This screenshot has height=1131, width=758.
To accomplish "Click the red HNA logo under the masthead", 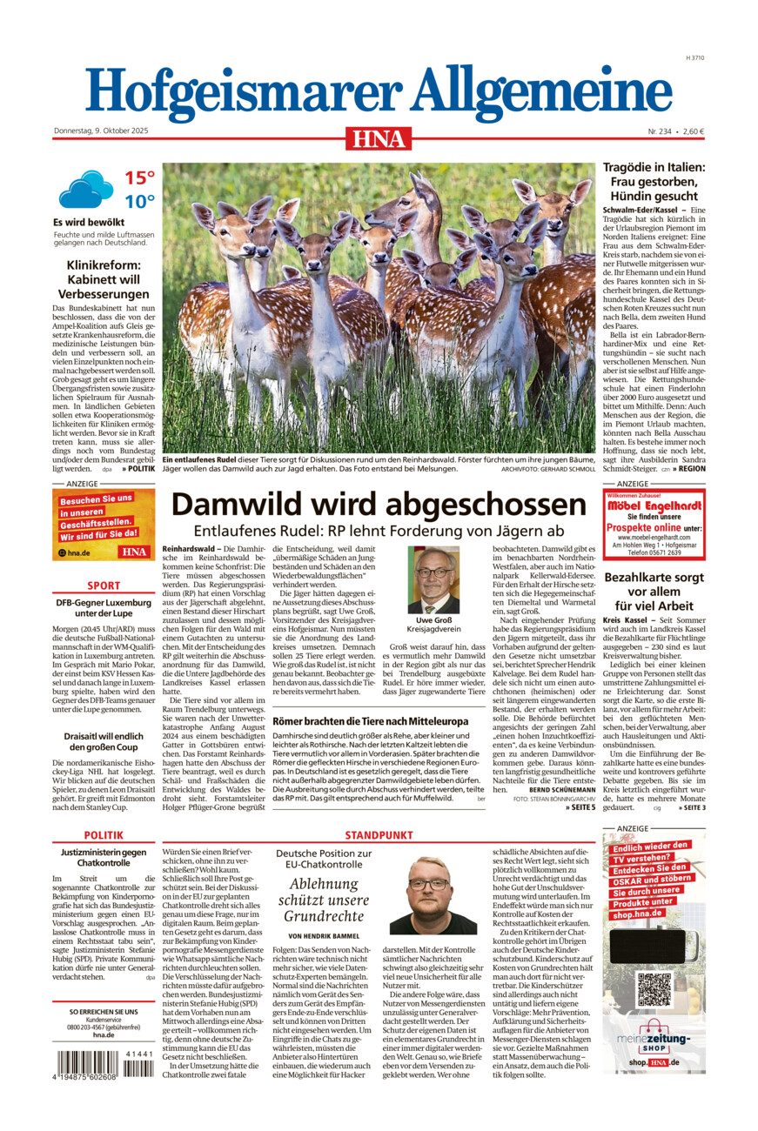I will tap(379, 138).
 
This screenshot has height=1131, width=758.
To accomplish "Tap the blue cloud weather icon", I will tap(85, 189).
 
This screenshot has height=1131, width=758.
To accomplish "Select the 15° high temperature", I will tap(139, 178).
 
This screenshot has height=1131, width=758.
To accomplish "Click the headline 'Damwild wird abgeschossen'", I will tap(379, 505).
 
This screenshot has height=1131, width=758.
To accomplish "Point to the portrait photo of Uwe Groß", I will tap(433, 580).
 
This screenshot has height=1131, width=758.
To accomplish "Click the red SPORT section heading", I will tap(104, 586).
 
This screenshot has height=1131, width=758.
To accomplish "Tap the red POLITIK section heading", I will tap(104, 834).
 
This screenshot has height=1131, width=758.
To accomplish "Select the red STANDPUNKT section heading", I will tap(379, 834).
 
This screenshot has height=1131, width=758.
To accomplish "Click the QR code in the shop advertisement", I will tap(654, 988).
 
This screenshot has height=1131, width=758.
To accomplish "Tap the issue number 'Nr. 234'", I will tap(660, 131).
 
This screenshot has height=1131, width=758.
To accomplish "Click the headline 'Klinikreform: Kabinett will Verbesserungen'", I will tap(104, 279).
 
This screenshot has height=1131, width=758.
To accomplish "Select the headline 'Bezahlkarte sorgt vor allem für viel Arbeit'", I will tap(654, 592).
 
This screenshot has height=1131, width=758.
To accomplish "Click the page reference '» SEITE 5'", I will tap(580, 807).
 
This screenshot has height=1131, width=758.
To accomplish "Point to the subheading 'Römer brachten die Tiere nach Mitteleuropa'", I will tap(370, 721).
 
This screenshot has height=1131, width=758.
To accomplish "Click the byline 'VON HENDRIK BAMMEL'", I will tap(324, 935).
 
